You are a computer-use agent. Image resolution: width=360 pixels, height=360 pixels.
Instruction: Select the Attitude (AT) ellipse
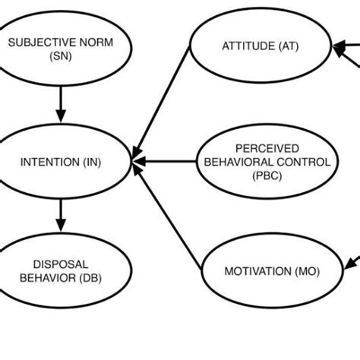[260, 46]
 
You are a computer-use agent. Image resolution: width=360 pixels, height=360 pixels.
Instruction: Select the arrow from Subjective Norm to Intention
[61, 105]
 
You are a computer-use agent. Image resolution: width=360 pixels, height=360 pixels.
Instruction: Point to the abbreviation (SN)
[61, 56]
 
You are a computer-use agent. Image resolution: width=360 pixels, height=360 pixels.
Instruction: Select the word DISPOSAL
[61, 263]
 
